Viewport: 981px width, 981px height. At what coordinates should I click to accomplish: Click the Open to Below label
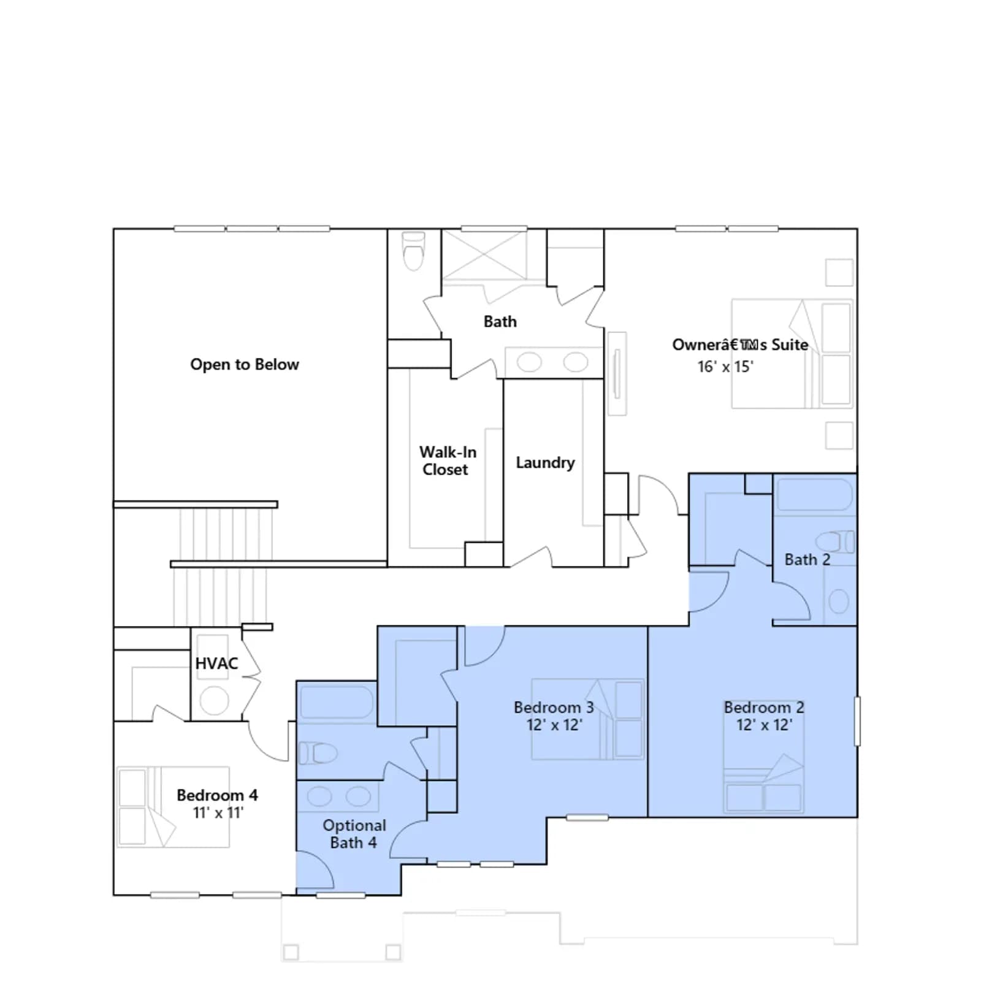pyautogui.click(x=245, y=364)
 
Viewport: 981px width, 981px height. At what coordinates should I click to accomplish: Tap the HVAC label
pyautogui.click(x=216, y=663)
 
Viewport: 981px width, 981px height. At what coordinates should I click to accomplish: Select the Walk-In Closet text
pyautogui.click(x=448, y=460)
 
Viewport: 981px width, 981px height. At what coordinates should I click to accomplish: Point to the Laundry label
pyautogui.click(x=545, y=463)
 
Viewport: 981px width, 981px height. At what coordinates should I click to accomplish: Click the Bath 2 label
pyautogui.click(x=807, y=560)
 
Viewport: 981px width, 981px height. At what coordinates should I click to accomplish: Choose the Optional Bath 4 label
pyautogui.click(x=354, y=834)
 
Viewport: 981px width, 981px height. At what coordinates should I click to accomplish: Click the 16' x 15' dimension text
pyautogui.click(x=725, y=367)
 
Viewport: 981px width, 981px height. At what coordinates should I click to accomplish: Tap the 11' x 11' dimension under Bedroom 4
pyautogui.click(x=218, y=813)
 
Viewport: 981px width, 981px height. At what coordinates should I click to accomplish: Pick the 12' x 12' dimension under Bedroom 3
pyautogui.click(x=554, y=725)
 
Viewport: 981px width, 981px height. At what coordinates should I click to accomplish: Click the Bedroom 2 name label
pyautogui.click(x=764, y=708)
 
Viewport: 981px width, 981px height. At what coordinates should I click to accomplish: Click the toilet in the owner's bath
pyautogui.click(x=414, y=251)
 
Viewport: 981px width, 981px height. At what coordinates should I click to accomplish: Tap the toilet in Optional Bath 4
pyautogui.click(x=318, y=752)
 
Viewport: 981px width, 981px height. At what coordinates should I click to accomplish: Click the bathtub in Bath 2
pyautogui.click(x=814, y=494)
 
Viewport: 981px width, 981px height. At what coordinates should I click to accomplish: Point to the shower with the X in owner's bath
pyautogui.click(x=484, y=254)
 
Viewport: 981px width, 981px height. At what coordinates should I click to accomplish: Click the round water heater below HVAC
pyautogui.click(x=214, y=700)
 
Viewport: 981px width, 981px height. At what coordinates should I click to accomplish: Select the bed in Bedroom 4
pyautogui.click(x=174, y=807)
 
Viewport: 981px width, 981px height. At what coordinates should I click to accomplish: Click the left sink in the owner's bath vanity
pyautogui.click(x=529, y=362)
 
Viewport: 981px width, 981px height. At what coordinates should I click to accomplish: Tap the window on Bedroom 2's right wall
pyautogui.click(x=857, y=721)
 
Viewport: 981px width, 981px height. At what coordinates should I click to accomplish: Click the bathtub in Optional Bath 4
pyautogui.click(x=336, y=702)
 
